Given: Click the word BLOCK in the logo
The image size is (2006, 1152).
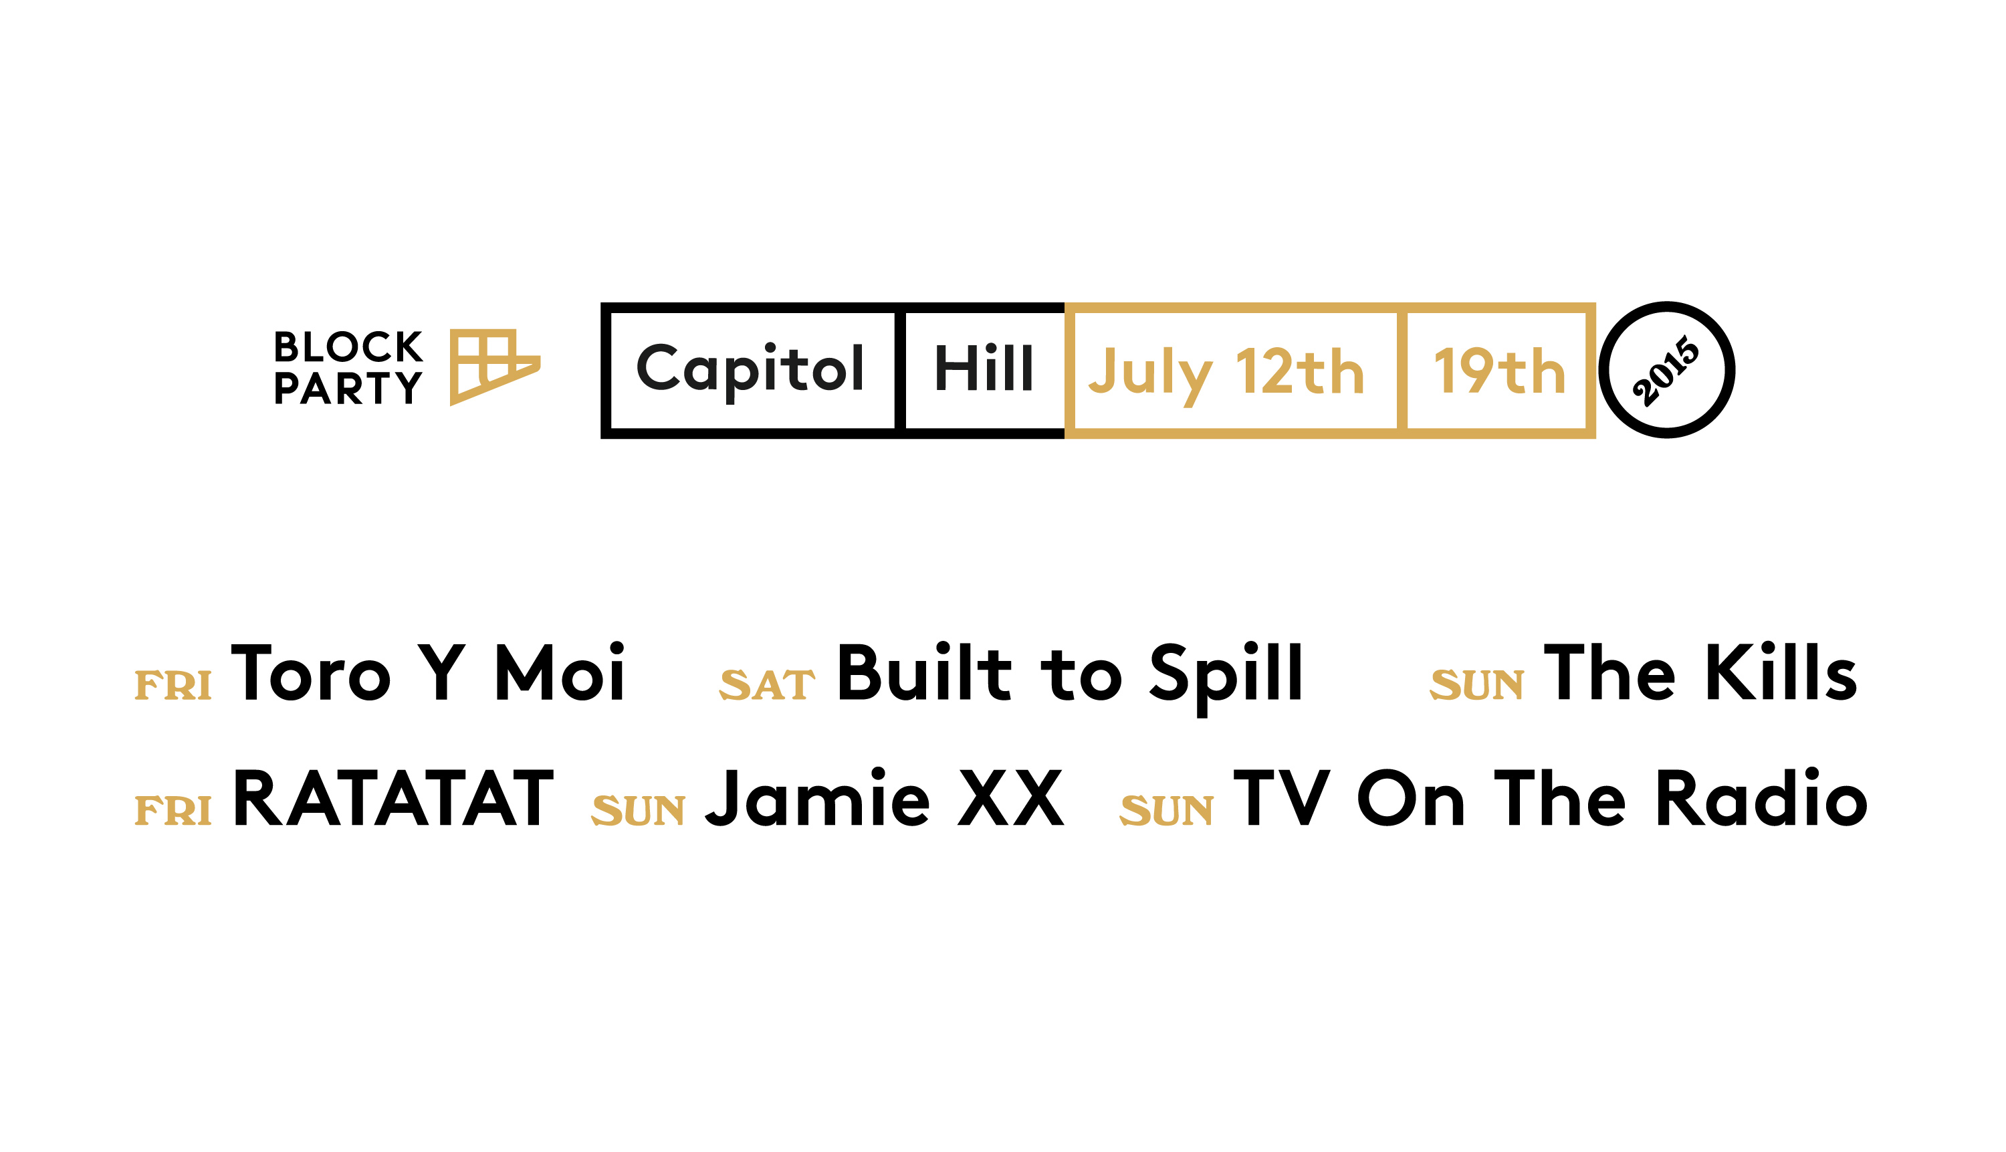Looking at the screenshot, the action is click(x=348, y=347).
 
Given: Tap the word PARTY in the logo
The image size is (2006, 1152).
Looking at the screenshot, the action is click(x=348, y=388).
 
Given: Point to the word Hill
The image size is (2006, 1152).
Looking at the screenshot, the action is click(x=984, y=368).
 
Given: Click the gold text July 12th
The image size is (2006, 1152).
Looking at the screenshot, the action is click(x=1226, y=374).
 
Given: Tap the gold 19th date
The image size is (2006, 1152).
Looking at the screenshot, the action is click(x=1499, y=371).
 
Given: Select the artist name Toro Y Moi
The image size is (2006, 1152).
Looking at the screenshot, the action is click(x=428, y=672).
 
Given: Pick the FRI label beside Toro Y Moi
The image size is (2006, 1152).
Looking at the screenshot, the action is click(x=173, y=685).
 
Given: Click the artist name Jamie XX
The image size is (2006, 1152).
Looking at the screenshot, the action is click(x=884, y=797).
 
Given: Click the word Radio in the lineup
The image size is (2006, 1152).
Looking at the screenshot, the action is click(x=1762, y=797).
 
